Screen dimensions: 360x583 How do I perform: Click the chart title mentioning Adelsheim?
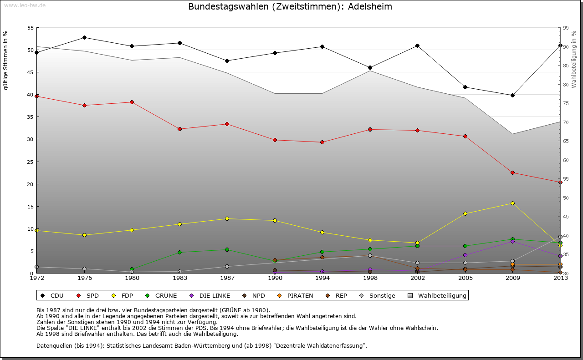click(290, 7)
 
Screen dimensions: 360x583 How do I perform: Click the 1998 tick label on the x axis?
click(370, 278)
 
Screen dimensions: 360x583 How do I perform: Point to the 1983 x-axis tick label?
click(179, 278)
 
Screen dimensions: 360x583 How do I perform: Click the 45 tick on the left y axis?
click(31, 72)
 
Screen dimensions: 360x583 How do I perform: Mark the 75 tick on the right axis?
click(566, 104)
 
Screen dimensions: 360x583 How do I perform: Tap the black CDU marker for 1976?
click(84, 37)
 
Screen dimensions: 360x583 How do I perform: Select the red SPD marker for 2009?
click(512, 172)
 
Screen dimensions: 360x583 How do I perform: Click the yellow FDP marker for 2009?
click(512, 203)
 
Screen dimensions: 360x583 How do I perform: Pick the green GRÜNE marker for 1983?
click(179, 252)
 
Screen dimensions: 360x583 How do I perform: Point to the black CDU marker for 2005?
click(465, 87)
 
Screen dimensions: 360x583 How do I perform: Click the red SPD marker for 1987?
click(227, 124)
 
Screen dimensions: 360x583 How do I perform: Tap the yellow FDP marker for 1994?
click(322, 232)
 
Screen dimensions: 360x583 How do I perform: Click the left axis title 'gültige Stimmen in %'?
click(5, 60)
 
